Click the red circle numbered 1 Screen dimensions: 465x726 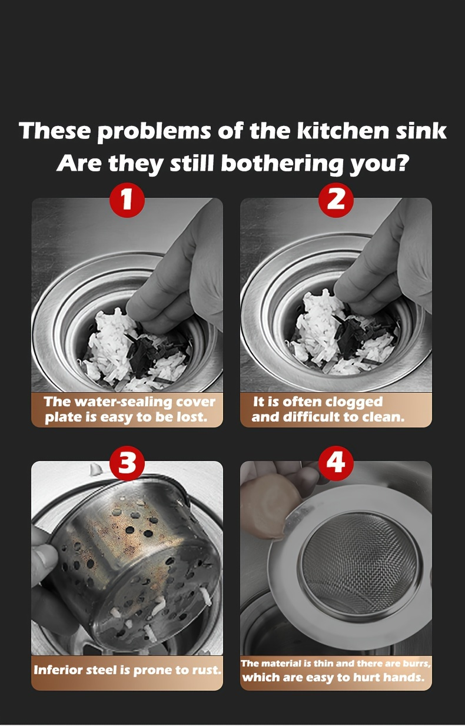click(127, 200)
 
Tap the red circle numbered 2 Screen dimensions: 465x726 click(336, 200)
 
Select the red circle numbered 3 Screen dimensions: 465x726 click(127, 463)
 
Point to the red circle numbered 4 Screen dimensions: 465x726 click(336, 463)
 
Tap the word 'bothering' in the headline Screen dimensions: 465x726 click(281, 163)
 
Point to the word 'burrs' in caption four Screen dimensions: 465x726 click(417, 664)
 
